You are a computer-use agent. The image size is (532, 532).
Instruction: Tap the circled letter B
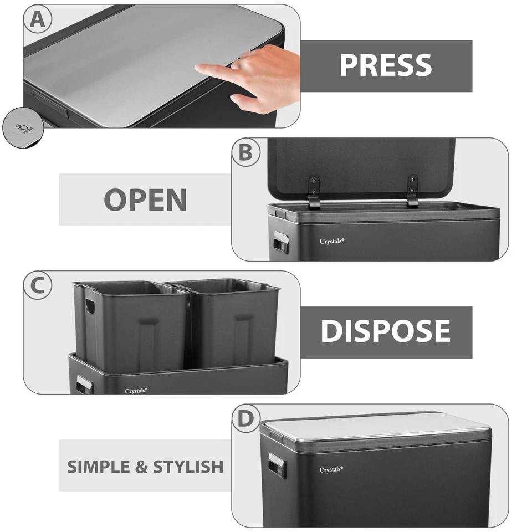[x=245, y=152]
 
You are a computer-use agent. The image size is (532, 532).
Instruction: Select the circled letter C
[x=38, y=285]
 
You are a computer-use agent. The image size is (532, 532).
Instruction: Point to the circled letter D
[x=245, y=419]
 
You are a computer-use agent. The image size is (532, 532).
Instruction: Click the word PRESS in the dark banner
[x=385, y=65]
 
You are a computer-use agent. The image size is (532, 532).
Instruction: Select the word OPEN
[x=145, y=199]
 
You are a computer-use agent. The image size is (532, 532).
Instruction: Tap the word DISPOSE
[x=385, y=331]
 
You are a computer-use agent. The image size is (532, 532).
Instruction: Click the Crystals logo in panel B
[x=332, y=241]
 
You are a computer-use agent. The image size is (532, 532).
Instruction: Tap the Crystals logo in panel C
[x=136, y=391]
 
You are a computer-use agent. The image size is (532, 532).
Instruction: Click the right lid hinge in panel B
[x=412, y=191]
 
